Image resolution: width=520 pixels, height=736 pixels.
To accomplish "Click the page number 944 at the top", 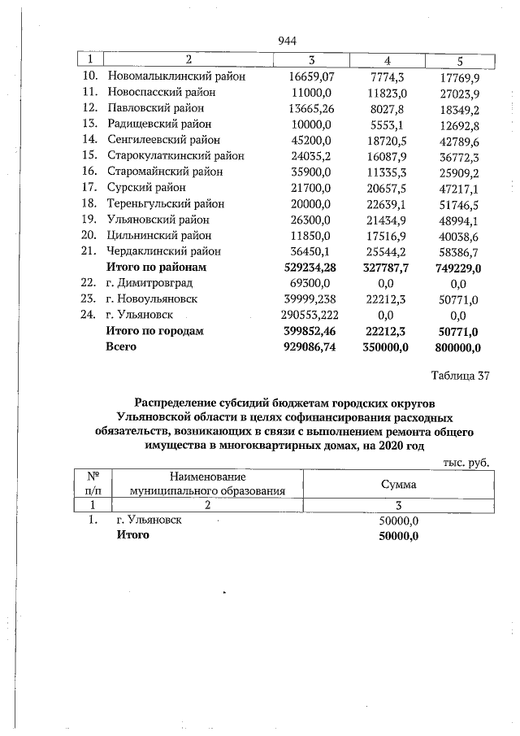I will pos(286,41).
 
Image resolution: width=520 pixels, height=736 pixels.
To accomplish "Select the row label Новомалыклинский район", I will pos(175,76).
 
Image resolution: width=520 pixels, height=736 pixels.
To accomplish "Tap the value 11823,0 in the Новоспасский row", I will pos(388,93).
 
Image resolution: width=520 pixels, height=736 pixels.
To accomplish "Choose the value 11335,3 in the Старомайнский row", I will pos(388,172).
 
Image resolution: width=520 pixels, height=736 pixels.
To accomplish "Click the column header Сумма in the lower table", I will pos(399,484).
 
